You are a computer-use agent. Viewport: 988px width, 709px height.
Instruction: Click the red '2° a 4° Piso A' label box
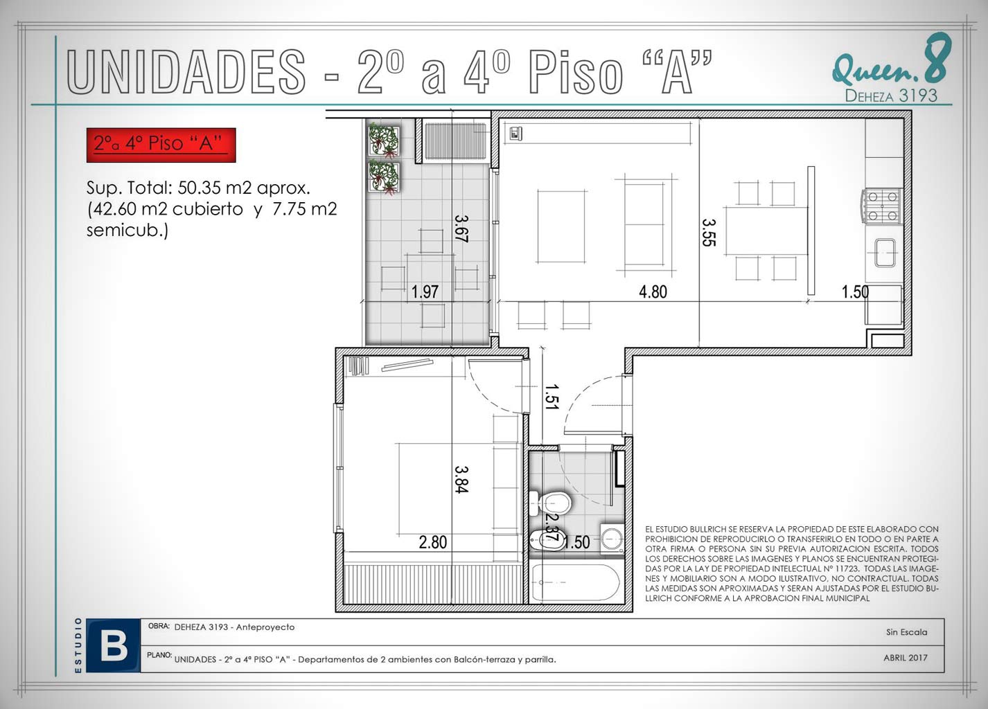[161, 145]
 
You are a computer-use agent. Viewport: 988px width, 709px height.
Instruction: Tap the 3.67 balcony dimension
[461, 228]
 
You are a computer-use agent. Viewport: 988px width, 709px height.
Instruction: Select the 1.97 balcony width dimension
[425, 291]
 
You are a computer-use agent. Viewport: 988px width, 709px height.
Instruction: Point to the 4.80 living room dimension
[653, 291]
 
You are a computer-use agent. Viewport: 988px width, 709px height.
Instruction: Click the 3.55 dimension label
[709, 233]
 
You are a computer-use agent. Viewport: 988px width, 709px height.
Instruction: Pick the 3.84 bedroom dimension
[461, 479]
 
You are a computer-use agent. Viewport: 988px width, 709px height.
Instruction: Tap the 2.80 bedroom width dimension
[433, 542]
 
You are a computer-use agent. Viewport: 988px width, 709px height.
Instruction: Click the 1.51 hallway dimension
[552, 397]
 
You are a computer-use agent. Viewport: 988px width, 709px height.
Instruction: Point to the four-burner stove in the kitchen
[882, 206]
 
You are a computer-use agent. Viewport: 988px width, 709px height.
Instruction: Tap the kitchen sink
[885, 253]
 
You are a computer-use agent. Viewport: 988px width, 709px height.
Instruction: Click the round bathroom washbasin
[612, 539]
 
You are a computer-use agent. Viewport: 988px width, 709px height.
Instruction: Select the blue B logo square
[114, 646]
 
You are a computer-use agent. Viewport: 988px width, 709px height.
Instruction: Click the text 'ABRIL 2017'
[906, 658]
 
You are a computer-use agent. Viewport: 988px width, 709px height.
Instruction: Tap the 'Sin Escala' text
[906, 632]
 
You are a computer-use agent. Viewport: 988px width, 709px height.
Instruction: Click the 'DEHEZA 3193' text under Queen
[891, 96]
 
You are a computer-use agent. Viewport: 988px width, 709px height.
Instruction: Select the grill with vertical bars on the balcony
[455, 141]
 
